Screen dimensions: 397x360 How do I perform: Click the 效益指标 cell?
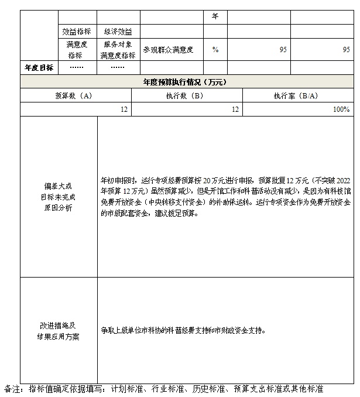[x=76, y=31]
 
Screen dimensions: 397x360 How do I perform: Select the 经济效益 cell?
[x=118, y=31]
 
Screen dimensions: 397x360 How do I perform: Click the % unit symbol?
[x=215, y=50]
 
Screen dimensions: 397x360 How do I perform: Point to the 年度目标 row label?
[x=39, y=67]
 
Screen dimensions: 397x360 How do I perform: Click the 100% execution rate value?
[x=341, y=109]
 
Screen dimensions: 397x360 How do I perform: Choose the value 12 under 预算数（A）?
[x=125, y=109]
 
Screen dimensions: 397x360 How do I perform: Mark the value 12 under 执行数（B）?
[x=235, y=109]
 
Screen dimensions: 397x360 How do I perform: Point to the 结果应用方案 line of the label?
[x=59, y=337]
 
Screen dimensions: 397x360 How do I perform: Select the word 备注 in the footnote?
[x=12, y=388]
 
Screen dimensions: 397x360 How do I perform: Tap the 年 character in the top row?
[x=215, y=16]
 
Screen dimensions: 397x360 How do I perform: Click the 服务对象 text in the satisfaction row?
[x=118, y=45]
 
